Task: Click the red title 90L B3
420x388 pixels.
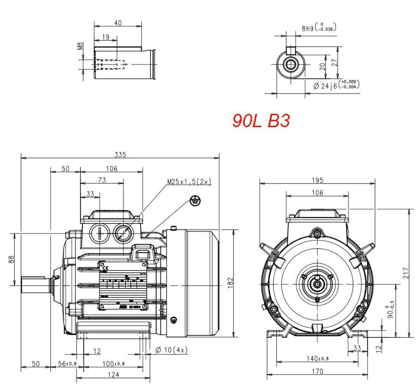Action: (x=261, y=121)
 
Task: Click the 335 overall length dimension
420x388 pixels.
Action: (x=120, y=154)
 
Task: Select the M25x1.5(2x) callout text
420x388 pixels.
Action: (x=189, y=182)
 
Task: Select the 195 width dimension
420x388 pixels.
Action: (x=317, y=180)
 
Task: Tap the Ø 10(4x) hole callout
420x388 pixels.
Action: (x=172, y=351)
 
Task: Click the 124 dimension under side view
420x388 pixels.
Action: (x=113, y=375)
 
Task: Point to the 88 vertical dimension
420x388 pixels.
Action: (x=11, y=259)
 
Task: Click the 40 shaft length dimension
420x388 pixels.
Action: (x=118, y=23)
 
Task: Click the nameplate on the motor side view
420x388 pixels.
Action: (x=123, y=285)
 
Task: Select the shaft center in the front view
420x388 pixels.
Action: (x=317, y=285)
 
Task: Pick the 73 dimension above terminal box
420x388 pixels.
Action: (x=102, y=181)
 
